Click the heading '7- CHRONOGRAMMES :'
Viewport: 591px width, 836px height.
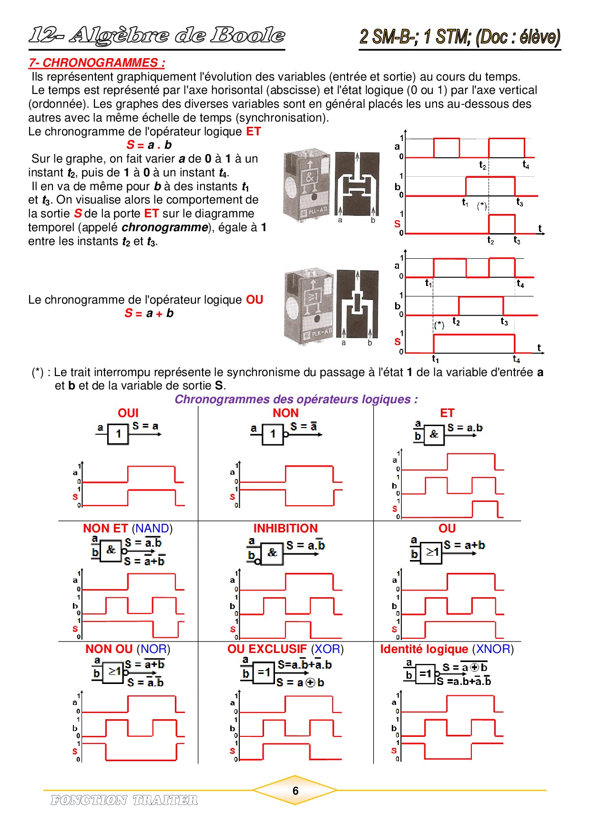(97, 63)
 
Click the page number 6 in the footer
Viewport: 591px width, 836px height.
(295, 791)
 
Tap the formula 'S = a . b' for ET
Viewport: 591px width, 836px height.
(149, 145)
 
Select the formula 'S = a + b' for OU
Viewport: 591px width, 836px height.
(149, 313)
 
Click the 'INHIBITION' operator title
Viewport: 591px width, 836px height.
(285, 528)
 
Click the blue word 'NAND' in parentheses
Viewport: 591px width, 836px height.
(152, 528)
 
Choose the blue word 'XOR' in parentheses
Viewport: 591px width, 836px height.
(327, 649)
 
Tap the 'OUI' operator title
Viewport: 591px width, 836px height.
(128, 413)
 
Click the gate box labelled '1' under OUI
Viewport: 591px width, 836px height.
(118, 434)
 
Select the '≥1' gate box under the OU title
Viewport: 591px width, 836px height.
(431, 553)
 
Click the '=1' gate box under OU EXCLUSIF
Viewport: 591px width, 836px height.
(264, 673)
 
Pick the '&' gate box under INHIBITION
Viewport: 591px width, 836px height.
(272, 553)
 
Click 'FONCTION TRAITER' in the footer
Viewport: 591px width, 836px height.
(124, 800)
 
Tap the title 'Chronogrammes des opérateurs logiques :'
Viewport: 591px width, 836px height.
(295, 399)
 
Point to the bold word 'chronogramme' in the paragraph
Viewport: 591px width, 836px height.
(164, 227)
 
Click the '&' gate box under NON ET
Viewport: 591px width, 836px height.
(111, 550)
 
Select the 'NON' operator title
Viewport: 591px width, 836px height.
(285, 413)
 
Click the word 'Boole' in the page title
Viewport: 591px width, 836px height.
(248, 35)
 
